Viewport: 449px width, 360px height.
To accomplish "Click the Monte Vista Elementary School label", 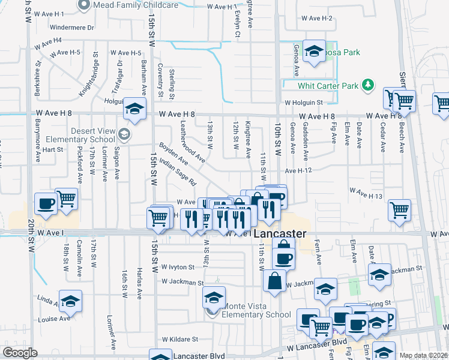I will (x=256, y=314).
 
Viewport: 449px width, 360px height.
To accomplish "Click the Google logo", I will (x=20, y=352).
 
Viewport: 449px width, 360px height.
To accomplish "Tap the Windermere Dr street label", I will (x=73, y=28).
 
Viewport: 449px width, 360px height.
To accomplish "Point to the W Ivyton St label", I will (x=178, y=267).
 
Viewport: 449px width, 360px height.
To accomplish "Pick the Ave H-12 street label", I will (x=299, y=171).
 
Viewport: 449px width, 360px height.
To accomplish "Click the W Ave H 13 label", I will (x=367, y=196).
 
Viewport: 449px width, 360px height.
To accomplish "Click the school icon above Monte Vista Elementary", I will (x=214, y=297).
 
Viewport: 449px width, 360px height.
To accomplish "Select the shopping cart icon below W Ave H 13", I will (x=399, y=211).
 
